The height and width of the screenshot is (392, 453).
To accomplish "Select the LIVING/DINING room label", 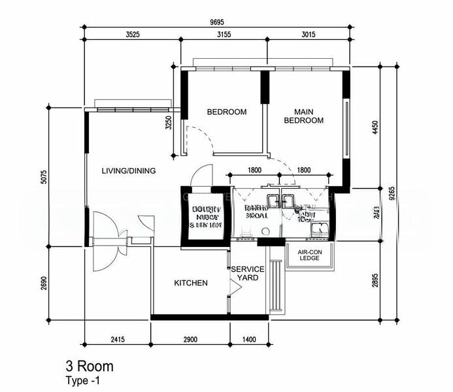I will (129, 171).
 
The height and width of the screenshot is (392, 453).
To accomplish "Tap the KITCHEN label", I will (191, 283).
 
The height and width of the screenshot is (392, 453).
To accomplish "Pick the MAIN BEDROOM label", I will (304, 116).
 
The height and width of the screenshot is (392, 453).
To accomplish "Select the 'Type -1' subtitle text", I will (84, 380).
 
